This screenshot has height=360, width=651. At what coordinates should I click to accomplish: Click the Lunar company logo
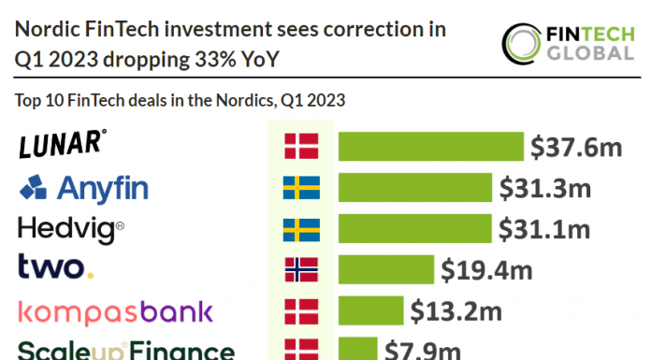pyautogui.click(x=62, y=146)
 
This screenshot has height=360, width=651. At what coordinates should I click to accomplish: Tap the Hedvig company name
pyautogui.click(x=71, y=229)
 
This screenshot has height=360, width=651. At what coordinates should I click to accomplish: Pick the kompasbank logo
pyautogui.click(x=116, y=310)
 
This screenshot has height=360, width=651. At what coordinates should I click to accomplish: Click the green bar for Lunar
pyautogui.click(x=430, y=147)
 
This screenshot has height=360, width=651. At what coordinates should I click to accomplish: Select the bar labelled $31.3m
pyautogui.click(x=414, y=188)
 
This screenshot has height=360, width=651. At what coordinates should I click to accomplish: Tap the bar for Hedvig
pyautogui.click(x=414, y=229)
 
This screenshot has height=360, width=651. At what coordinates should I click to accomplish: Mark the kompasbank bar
pyautogui.click(x=369, y=310)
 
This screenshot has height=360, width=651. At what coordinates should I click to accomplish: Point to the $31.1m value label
pyautogui.click(x=544, y=229)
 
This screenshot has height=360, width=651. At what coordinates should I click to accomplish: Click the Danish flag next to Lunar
pyautogui.click(x=301, y=147)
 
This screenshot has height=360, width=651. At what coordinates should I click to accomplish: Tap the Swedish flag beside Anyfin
pyautogui.click(x=301, y=188)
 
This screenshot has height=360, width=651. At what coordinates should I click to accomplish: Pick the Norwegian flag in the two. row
pyautogui.click(x=301, y=269)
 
